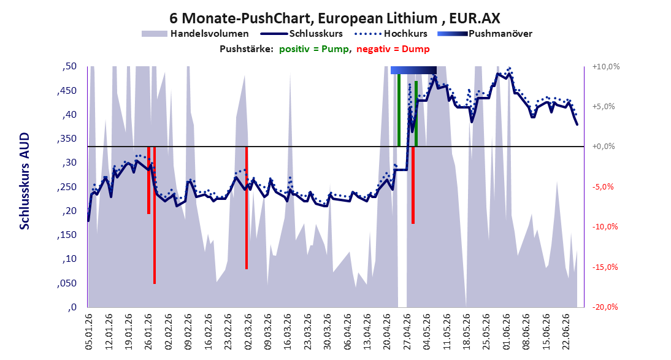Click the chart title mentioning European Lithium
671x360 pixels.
335,18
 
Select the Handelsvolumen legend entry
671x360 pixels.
195,33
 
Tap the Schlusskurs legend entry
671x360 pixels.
302,33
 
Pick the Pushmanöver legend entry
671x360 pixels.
485,33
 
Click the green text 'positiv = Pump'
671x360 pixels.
313,49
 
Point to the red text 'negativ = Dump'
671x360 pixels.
393,49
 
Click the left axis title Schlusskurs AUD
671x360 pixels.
25,181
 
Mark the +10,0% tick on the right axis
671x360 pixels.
606,67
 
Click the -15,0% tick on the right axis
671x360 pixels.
606,267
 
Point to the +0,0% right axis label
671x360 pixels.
604,147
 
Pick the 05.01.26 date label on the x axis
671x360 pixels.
89,332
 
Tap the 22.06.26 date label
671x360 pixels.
566,332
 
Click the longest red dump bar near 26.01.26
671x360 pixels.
155,215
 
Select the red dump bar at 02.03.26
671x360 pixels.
247,208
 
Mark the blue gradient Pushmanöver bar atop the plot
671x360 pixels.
413,70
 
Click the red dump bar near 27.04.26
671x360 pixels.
413,185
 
